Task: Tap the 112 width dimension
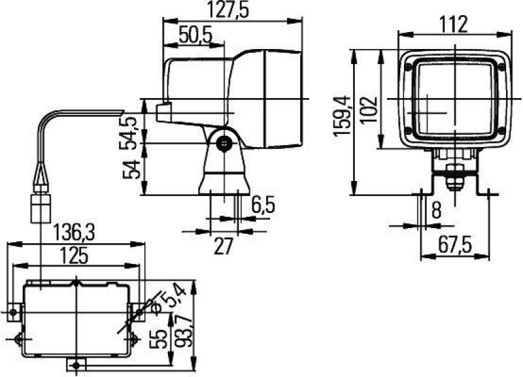[453, 24]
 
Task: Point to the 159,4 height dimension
[343, 116]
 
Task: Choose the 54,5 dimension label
[129, 131]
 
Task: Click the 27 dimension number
[224, 245]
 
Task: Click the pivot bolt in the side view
[226, 145]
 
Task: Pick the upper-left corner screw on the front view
[409, 67]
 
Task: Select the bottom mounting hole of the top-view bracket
[77, 365]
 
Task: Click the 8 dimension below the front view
[436, 210]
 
